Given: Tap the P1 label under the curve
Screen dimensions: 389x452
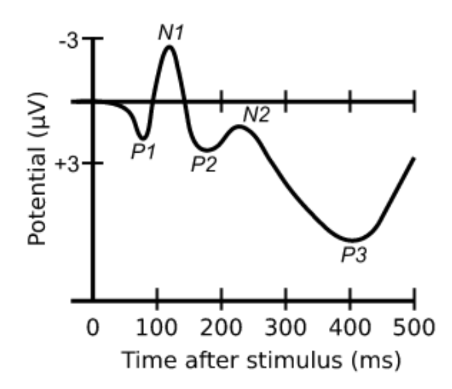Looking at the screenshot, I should (x=143, y=151).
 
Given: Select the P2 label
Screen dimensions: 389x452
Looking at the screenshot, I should (x=204, y=164).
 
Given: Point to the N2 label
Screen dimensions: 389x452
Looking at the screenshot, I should (x=256, y=115).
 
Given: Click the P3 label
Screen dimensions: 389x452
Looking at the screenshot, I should (x=353, y=254).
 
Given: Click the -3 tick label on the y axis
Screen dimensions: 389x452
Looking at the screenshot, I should (x=68, y=41).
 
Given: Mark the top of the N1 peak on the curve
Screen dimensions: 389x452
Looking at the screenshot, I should (x=170, y=46).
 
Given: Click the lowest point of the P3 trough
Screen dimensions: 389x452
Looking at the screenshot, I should (x=352, y=240).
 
